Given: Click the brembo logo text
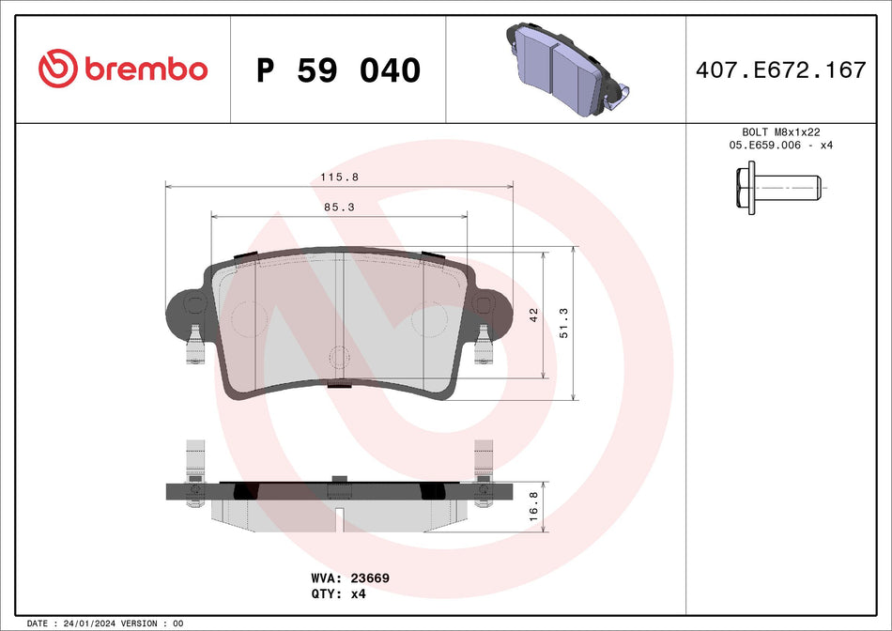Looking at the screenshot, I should (x=146, y=69).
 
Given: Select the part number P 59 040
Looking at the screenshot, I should (x=338, y=70).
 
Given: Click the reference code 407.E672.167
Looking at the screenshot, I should (x=778, y=69).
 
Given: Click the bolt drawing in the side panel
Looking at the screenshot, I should (x=778, y=188).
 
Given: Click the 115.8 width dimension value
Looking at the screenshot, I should (x=339, y=177).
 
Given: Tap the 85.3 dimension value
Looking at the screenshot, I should (x=339, y=208).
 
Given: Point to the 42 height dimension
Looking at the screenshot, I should (x=533, y=315).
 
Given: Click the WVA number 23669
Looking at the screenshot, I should (x=370, y=578).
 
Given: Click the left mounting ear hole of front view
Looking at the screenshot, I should (x=194, y=303).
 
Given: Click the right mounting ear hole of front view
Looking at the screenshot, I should (x=484, y=303).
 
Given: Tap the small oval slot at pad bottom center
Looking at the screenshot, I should (x=339, y=357).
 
